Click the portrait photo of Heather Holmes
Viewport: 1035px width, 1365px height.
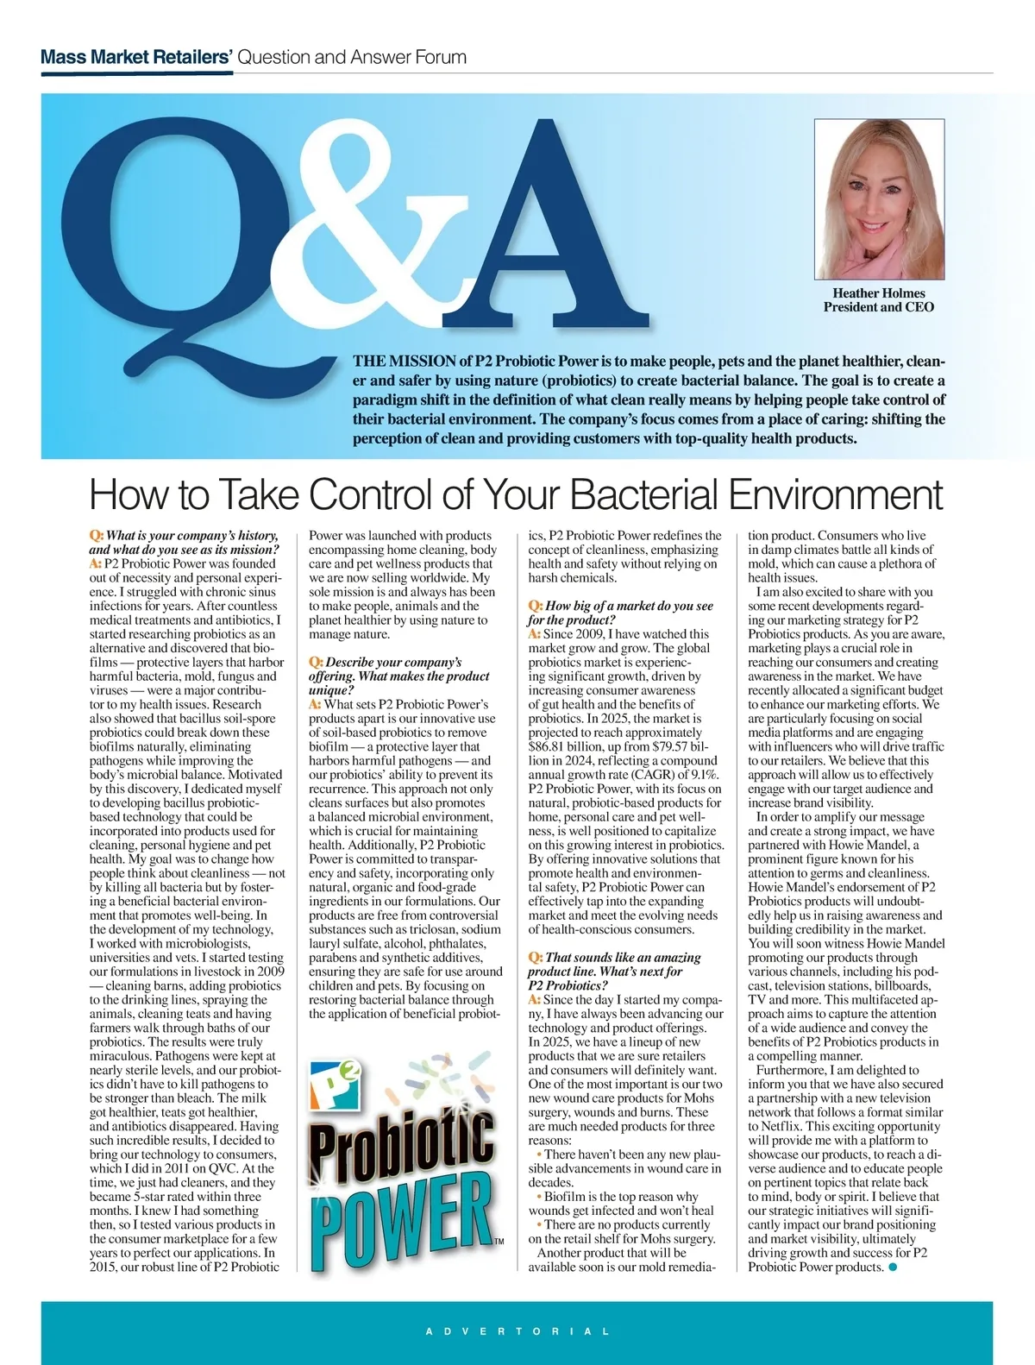879,199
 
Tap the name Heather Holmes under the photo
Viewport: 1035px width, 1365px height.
878,293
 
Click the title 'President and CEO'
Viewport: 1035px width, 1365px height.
878,307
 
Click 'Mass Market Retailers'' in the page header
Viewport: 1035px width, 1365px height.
136,58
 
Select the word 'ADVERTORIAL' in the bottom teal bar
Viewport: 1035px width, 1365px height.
517,1331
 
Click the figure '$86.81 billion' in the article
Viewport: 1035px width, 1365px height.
566,746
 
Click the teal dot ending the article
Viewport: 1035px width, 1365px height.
893,1267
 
